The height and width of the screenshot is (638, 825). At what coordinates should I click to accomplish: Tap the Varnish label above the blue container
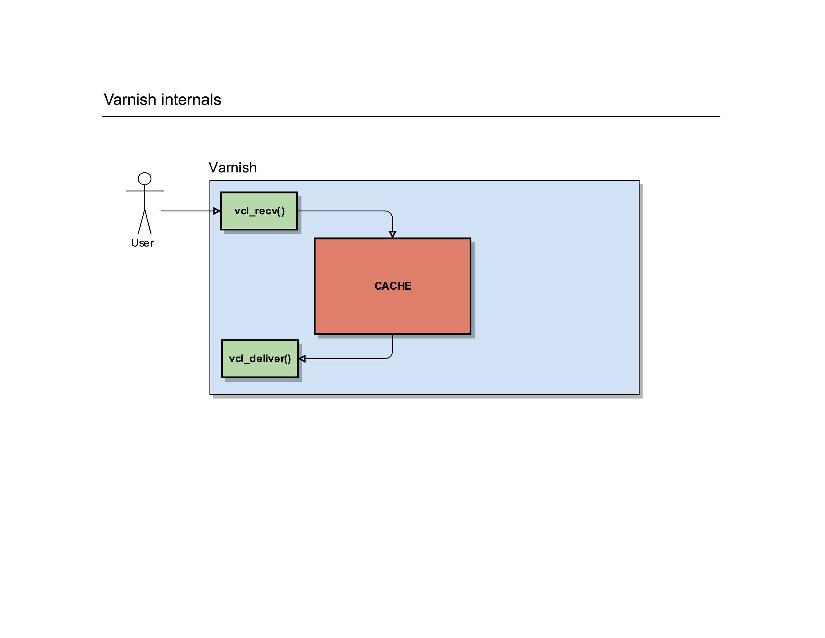233,167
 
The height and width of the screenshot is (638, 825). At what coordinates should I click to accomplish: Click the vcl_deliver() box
260,359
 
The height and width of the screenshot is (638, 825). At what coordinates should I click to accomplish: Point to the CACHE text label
393,286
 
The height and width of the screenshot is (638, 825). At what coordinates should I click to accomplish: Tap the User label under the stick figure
142,243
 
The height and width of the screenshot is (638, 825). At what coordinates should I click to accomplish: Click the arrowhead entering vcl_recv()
217,211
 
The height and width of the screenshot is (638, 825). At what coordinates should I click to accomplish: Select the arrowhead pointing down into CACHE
393,234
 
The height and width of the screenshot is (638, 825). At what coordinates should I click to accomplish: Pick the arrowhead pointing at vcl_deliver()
302,359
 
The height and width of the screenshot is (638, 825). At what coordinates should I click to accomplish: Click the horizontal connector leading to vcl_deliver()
345,359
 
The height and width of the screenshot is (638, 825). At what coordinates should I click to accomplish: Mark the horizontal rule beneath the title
411,116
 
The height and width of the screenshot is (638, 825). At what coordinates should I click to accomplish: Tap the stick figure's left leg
141,221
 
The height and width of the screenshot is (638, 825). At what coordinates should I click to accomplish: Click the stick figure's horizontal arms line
145,191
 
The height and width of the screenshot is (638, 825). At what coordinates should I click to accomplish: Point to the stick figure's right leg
148,221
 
